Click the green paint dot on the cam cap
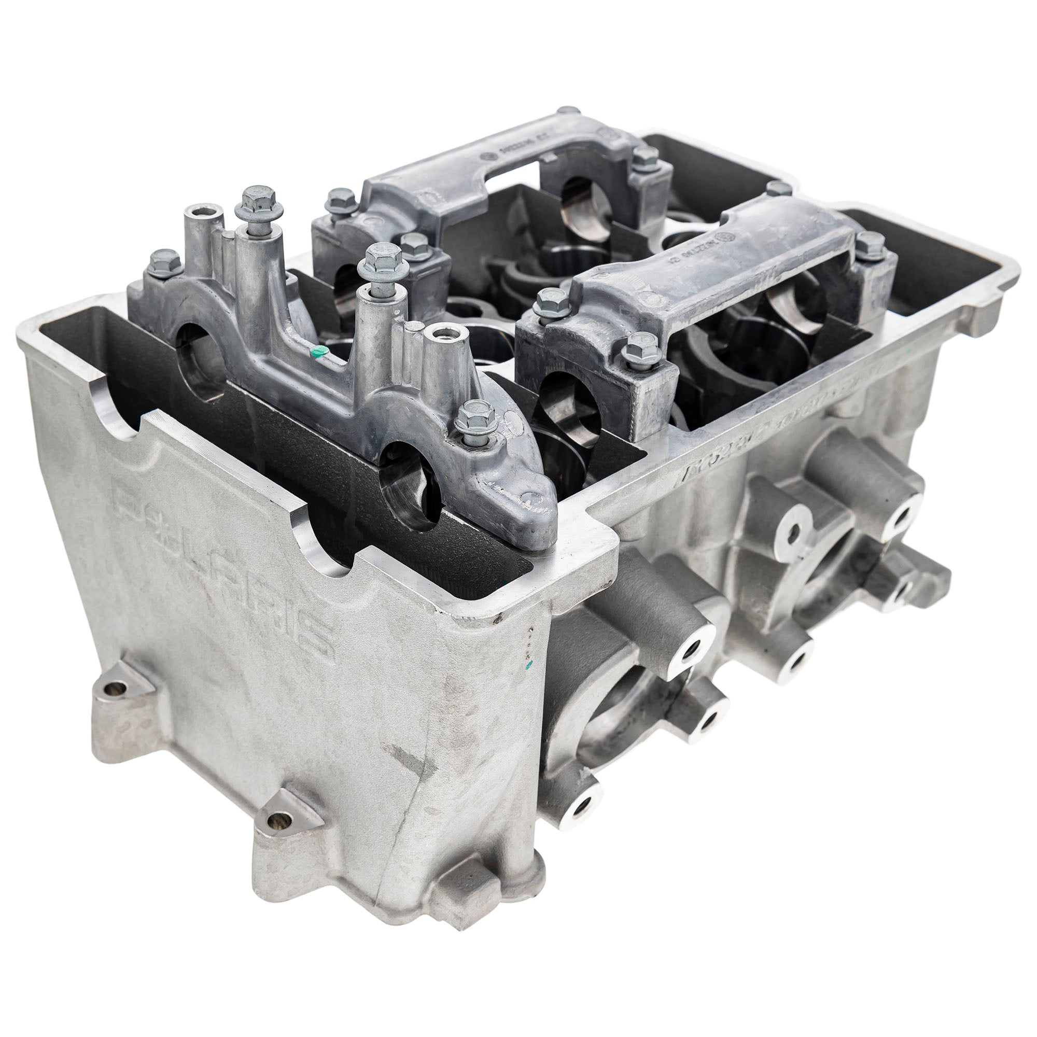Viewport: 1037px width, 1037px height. pyautogui.click(x=319, y=352)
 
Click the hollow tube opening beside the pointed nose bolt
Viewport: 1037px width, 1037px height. pyautogui.click(x=440, y=335)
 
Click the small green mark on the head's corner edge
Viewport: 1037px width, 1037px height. pyautogui.click(x=530, y=666)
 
